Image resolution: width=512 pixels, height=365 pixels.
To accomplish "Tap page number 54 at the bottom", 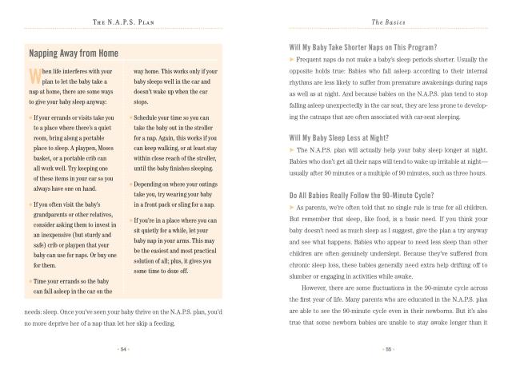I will tap(122, 349).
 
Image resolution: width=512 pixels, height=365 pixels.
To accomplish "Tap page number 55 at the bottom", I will tap(386, 349).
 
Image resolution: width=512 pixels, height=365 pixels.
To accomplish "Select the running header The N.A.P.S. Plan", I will tap(122, 20).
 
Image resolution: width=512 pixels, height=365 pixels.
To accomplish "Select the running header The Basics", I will tap(386, 20).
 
